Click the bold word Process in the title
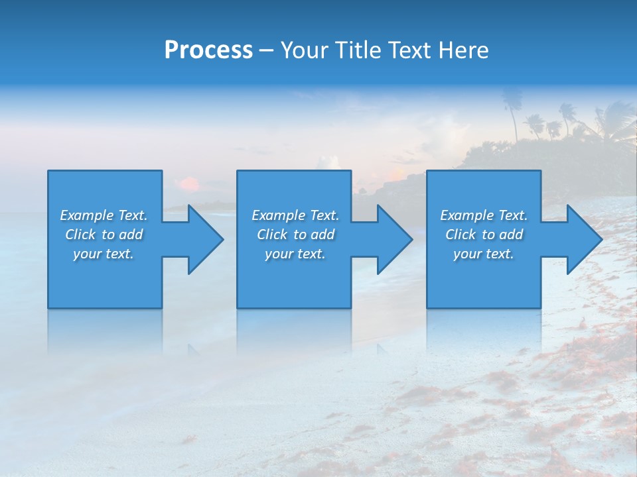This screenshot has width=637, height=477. pos(208,50)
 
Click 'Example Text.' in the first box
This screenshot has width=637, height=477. pos(104,215)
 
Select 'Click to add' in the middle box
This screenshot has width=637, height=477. pos(295,235)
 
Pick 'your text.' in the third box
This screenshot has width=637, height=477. pos(483,254)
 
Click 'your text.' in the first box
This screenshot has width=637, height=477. pos(104,254)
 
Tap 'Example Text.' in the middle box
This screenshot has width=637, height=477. pos(295,215)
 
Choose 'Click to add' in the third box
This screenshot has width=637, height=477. pos(484,235)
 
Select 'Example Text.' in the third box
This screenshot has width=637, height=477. pos(484,215)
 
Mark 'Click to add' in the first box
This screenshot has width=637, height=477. pos(104,235)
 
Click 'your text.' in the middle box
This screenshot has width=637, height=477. pos(295,254)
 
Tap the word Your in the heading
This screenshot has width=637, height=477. pos(304,50)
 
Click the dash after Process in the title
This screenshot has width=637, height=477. pos(266,51)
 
